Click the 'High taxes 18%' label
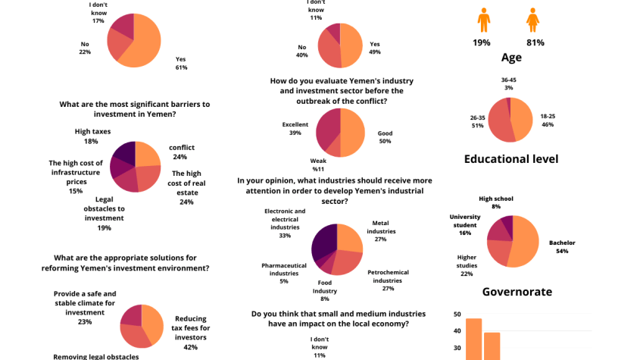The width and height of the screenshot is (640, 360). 92,136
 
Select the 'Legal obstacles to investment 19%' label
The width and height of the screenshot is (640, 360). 104,213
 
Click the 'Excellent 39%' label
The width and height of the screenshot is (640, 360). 295,128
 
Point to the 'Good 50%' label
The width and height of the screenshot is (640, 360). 385,137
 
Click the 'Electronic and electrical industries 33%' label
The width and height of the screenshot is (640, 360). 285,223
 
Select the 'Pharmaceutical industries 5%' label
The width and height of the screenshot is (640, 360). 284,273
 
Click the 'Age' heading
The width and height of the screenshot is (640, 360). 511,58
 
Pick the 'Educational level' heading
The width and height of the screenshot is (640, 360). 511,158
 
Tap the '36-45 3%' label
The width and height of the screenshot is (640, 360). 509,83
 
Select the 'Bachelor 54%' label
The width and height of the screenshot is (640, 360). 562,246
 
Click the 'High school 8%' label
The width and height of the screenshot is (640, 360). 496,202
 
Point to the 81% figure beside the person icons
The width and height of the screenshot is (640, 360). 534,42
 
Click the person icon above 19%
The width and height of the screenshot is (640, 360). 482,20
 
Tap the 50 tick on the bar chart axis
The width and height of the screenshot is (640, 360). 457,314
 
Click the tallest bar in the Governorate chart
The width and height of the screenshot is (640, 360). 473,339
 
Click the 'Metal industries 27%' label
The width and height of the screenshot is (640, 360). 380,230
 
